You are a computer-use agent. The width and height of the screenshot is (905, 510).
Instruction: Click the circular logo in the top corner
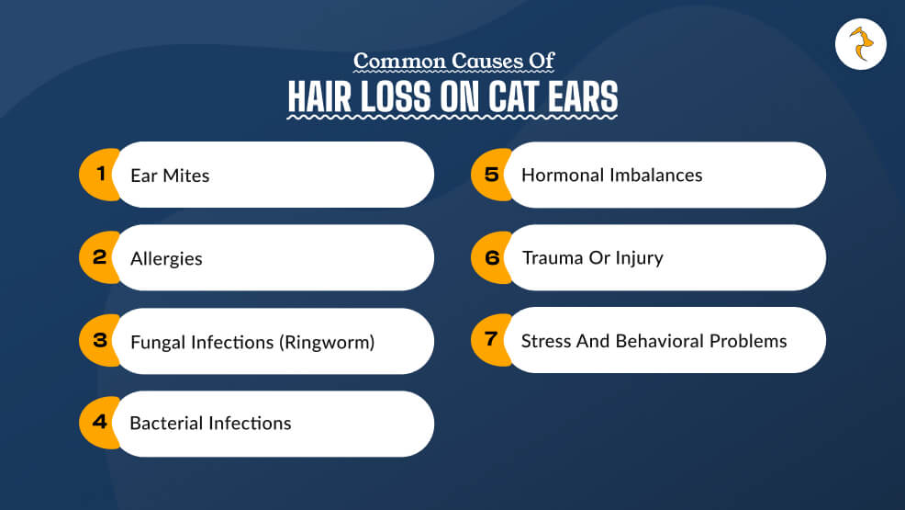pyautogui.click(x=861, y=44)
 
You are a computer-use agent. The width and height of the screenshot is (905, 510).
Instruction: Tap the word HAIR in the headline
pyautogui.click(x=319, y=96)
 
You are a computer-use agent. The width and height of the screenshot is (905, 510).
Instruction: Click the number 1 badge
pyautogui.click(x=99, y=174)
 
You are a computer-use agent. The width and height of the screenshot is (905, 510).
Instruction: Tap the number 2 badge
pyautogui.click(x=99, y=257)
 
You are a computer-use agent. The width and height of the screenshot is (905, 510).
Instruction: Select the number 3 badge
pyautogui.click(x=99, y=340)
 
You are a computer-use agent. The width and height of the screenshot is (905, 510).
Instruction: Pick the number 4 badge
pyautogui.click(x=99, y=422)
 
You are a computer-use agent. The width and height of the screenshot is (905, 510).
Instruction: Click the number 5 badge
pyautogui.click(x=491, y=174)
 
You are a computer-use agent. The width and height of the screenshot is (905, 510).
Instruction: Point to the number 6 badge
pyautogui.click(x=491, y=257)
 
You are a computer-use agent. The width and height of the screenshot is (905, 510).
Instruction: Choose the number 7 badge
pyautogui.click(x=491, y=340)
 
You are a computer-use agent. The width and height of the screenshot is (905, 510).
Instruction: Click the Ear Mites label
pyautogui.click(x=170, y=175)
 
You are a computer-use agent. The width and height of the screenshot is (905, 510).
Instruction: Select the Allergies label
pyautogui.click(x=166, y=259)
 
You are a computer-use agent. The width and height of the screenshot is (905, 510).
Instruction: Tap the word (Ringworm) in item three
pyautogui.click(x=328, y=342)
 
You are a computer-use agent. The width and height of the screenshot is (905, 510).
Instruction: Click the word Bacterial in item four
pyautogui.click(x=167, y=423)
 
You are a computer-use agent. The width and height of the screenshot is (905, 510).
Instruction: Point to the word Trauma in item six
pyautogui.click(x=553, y=257)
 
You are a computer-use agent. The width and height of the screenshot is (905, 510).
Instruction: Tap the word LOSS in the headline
pyautogui.click(x=396, y=96)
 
